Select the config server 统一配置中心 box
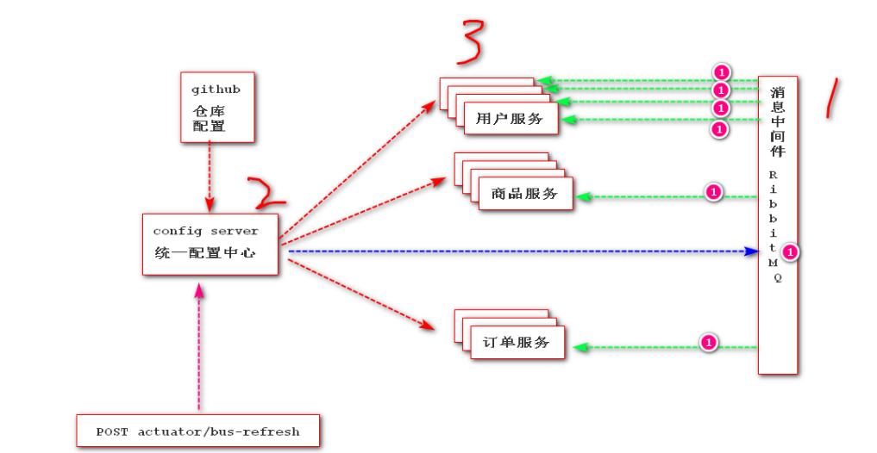click(210, 244)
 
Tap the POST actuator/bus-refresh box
click(197, 431)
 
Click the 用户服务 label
click(510, 119)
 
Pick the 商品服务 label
click(524, 194)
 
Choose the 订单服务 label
click(517, 343)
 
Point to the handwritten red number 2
click(266, 195)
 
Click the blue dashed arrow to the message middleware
click(517, 251)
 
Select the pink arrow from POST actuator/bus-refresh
click(200, 344)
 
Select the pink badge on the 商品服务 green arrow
click(713, 192)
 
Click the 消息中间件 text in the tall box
click(778, 121)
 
